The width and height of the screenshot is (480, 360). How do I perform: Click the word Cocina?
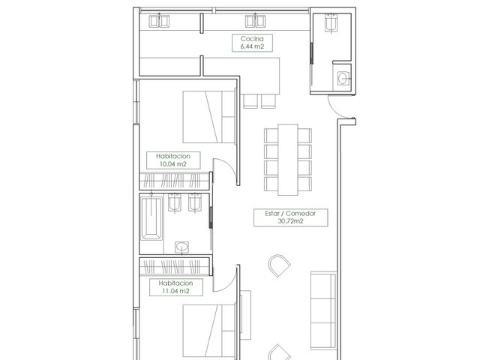252,39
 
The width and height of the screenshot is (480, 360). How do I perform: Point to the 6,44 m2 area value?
252,46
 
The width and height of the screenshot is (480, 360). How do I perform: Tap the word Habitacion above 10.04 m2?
173,156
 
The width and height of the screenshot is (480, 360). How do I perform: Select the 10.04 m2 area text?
173,163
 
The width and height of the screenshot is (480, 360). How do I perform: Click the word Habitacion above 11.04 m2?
175,283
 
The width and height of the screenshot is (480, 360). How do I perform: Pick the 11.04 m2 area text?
175,291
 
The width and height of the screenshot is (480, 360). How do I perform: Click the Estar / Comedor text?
290,213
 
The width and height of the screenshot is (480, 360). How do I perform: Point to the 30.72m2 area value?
290,221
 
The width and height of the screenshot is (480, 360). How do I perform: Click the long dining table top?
288,160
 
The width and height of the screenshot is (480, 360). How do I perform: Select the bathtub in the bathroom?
151,218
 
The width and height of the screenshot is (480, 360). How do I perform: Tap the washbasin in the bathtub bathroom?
181,247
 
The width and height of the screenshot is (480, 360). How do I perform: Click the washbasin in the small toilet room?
343,78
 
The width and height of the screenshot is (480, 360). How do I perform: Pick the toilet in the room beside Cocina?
331,22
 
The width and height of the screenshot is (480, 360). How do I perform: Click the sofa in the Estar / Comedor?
323,310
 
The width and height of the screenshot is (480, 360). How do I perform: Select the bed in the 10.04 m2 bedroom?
209,117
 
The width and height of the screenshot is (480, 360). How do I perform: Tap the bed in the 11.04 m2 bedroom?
209,331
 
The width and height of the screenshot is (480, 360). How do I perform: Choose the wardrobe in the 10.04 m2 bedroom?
174,181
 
